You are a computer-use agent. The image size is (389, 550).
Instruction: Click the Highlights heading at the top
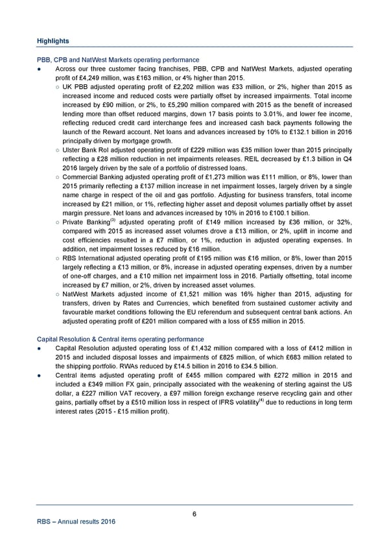(x=53, y=41)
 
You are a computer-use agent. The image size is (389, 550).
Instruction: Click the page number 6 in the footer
(x=194, y=514)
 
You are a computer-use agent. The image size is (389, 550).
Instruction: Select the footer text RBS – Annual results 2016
(x=77, y=524)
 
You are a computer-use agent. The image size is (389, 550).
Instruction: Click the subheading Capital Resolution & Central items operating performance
(x=121, y=339)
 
